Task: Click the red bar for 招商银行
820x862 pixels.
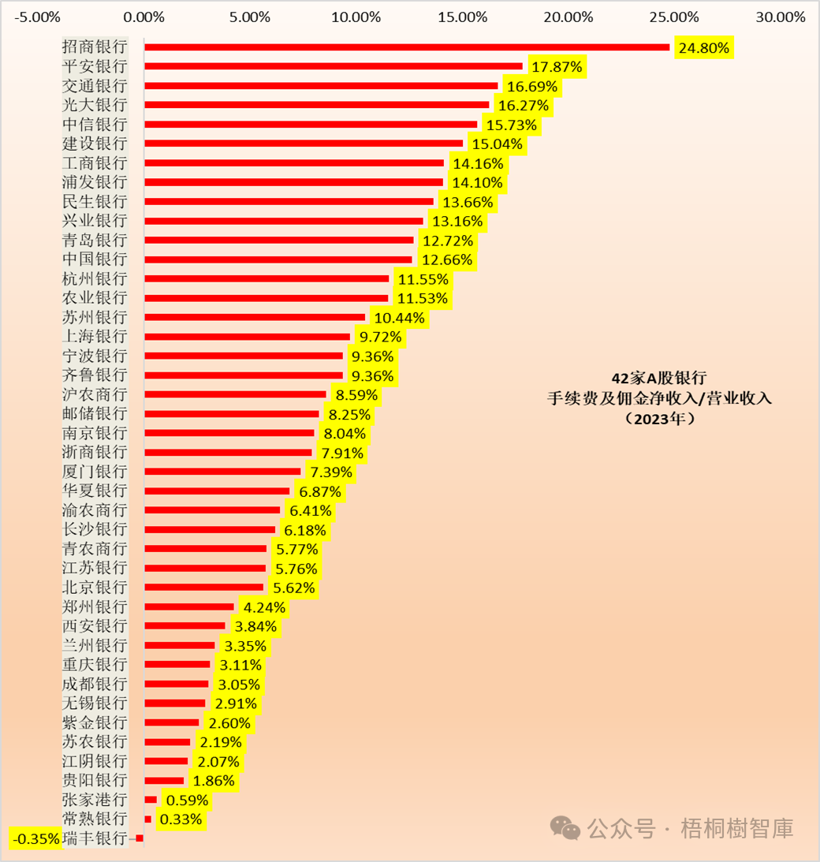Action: [x=406, y=47]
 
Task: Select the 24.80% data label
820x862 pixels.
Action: [x=704, y=47]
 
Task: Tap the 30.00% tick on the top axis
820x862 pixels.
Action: [x=780, y=17]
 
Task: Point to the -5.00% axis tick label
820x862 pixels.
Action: [x=36, y=17]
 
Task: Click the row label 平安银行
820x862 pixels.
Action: [x=94, y=66]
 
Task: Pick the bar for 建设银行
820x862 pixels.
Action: [x=304, y=144]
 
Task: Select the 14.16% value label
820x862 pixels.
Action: [x=476, y=163]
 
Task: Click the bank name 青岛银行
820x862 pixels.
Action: [x=94, y=240]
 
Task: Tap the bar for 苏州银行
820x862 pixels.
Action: [x=255, y=317]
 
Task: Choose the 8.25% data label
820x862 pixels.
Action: [x=348, y=414]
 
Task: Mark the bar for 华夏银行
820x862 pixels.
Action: [x=217, y=491]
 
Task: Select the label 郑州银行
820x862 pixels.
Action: [x=94, y=607]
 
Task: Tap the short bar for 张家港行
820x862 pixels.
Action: [x=151, y=800]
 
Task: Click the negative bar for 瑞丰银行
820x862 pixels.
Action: [x=140, y=838]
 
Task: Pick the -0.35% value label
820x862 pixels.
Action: [x=35, y=838]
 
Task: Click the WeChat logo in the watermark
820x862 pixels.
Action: [x=565, y=828]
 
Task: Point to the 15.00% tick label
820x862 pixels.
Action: [x=462, y=17]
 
